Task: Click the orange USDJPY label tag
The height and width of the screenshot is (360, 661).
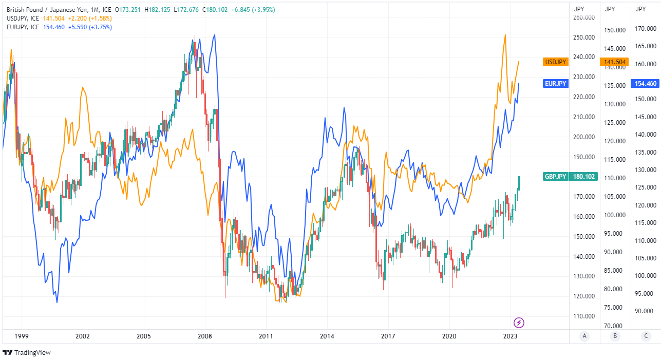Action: pos(556,62)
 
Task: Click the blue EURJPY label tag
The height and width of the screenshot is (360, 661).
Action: pos(556,84)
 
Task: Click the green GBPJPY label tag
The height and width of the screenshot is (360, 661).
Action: pos(556,177)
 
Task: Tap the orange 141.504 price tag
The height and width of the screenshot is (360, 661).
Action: pos(614,62)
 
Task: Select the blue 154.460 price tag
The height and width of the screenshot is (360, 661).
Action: pos(644,84)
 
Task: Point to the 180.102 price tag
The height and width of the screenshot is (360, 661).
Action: pos(584,177)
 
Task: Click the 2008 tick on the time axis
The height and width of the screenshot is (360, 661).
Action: pos(205,336)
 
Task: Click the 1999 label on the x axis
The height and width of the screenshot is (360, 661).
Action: pos(21,336)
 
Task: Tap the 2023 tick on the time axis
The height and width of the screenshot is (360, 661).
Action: pos(510,336)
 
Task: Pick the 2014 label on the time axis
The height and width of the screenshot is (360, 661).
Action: pos(327,336)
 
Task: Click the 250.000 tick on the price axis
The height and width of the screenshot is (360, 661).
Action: pos(584,37)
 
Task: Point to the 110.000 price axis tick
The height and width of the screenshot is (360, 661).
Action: pos(584,316)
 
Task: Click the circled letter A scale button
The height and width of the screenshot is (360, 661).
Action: pos(584,336)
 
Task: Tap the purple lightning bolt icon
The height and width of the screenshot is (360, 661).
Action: pos(519,323)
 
